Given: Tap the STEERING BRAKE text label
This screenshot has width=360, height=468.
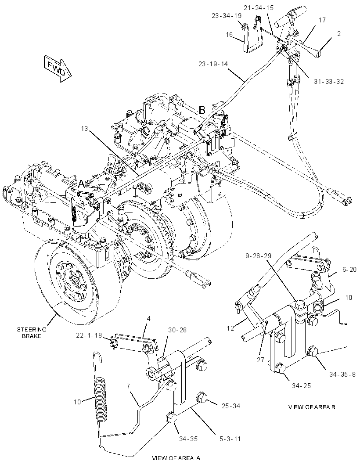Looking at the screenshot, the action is click(32, 332).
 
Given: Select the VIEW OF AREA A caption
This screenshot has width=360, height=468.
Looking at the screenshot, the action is click(176, 458).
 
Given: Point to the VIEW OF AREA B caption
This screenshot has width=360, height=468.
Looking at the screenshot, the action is click(312, 407).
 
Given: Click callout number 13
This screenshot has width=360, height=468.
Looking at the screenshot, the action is click(84, 128).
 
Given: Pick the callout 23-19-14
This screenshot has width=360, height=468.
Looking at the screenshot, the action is click(213, 64).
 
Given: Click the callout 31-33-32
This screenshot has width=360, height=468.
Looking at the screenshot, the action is click(329, 81).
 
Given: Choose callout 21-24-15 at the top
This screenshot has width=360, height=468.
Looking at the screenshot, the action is click(259, 8).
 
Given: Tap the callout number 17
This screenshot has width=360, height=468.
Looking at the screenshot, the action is click(322, 20).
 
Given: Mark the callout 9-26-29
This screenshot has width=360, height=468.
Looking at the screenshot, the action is click(258, 256).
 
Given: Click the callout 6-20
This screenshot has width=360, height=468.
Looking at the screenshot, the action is click(349, 269).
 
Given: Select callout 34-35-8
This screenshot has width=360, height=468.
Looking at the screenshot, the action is click(342, 374).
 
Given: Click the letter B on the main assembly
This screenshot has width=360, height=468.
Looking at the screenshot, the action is click(202, 111).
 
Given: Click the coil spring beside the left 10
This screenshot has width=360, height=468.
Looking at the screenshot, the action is click(100, 400).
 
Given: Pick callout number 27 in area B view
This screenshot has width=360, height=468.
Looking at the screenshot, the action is click(261, 360).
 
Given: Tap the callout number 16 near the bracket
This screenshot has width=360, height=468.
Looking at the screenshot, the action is click(229, 35).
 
